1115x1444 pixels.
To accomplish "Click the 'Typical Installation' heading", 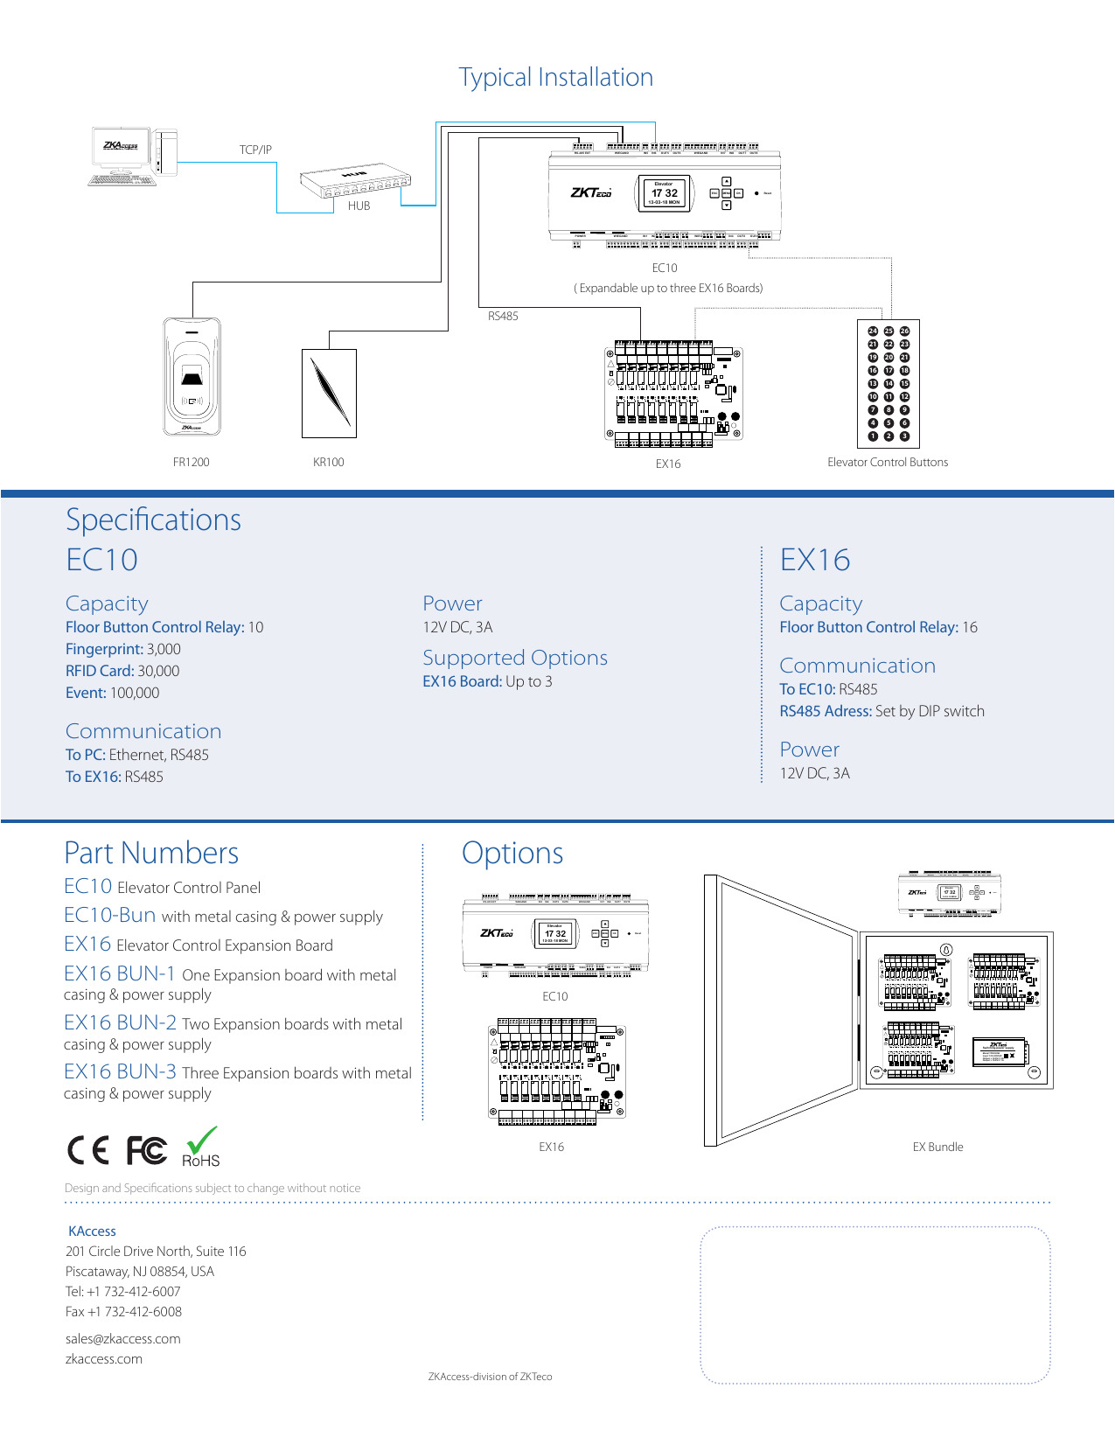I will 556,78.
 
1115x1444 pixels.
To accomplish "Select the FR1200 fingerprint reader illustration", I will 192,377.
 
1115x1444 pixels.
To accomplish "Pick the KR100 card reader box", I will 329,393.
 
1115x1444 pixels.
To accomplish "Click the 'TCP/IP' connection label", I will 255,150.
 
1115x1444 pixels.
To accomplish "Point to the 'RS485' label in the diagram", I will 503,316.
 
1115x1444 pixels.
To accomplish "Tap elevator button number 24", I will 873,331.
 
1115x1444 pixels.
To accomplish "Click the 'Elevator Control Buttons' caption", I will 888,462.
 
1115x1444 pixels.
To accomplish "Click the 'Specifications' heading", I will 154,520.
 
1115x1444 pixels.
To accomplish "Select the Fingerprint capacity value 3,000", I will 164,649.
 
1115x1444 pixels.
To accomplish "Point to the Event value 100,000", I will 135,693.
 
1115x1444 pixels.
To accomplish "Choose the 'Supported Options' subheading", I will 514,658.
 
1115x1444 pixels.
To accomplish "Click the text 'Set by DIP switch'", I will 930,711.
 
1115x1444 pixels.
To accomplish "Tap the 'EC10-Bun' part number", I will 110,915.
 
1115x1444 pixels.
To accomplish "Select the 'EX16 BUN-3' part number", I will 120,1071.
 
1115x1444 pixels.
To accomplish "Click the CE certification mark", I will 88,1150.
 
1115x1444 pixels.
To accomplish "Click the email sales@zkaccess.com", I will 123,1338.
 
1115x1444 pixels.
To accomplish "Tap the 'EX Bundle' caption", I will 937,1147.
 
